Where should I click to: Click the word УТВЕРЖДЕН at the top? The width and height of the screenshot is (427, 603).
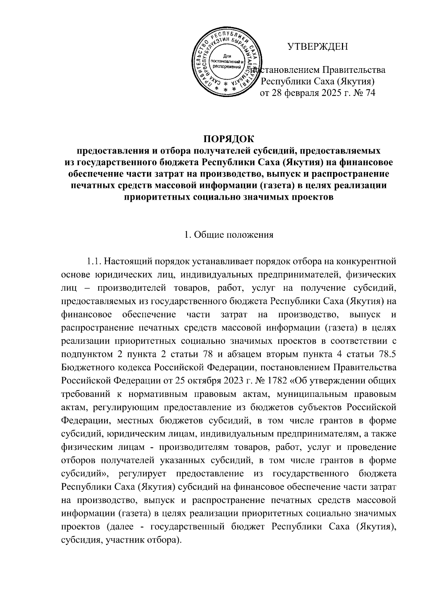click(318, 47)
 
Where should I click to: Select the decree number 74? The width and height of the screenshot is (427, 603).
click(369, 93)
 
